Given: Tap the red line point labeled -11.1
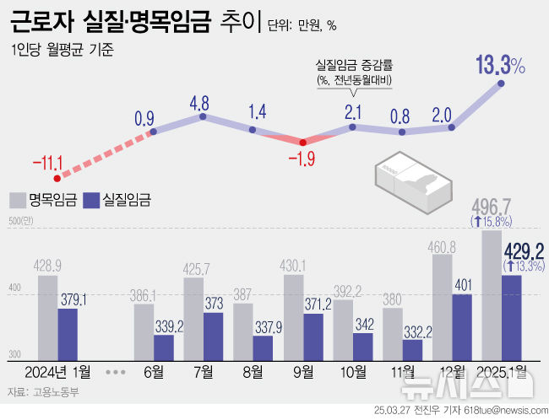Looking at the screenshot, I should point(58,178).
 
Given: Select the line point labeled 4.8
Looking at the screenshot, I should point(202,117).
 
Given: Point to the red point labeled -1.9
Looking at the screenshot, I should point(302,142).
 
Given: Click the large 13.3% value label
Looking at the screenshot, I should point(500,65).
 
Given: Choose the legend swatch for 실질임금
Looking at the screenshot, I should point(90,200).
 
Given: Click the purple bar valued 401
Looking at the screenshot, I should point(461,326).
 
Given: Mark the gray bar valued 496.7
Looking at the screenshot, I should point(492,295).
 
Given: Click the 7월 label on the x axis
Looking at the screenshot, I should point(203,372).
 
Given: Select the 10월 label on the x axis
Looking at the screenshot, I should point(352,372).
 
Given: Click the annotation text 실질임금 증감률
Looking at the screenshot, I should point(354,64).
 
